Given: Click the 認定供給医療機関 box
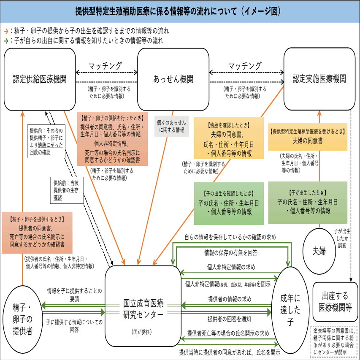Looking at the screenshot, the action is click(x=40, y=79).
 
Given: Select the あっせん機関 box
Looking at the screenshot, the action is click(x=173, y=79).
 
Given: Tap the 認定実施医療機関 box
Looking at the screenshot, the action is click(x=319, y=79).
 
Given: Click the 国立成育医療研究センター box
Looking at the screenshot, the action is click(x=143, y=306).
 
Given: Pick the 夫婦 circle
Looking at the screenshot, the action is click(x=319, y=251).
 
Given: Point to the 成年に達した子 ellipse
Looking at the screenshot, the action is click(x=290, y=310).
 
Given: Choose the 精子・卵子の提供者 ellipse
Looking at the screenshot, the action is click(x=22, y=319).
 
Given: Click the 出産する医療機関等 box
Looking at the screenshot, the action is click(x=335, y=302).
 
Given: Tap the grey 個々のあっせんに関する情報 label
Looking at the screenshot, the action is click(x=171, y=126).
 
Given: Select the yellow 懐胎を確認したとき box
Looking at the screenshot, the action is click(x=229, y=138).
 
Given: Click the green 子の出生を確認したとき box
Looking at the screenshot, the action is click(x=229, y=203).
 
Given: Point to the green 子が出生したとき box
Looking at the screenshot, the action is click(x=308, y=203).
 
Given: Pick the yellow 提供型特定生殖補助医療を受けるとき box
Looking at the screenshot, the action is click(x=308, y=137).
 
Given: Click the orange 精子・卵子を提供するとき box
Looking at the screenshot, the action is click(x=37, y=233).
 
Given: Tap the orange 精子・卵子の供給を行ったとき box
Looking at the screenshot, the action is click(x=112, y=139).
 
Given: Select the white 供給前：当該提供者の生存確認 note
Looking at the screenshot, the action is click(x=67, y=190).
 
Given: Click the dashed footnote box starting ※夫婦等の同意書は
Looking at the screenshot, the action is click(x=333, y=341).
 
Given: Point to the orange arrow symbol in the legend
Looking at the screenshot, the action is click(x=6, y=31).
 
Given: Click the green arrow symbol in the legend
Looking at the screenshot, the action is click(x=6, y=41).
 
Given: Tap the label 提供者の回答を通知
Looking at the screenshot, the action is click(x=229, y=319).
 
